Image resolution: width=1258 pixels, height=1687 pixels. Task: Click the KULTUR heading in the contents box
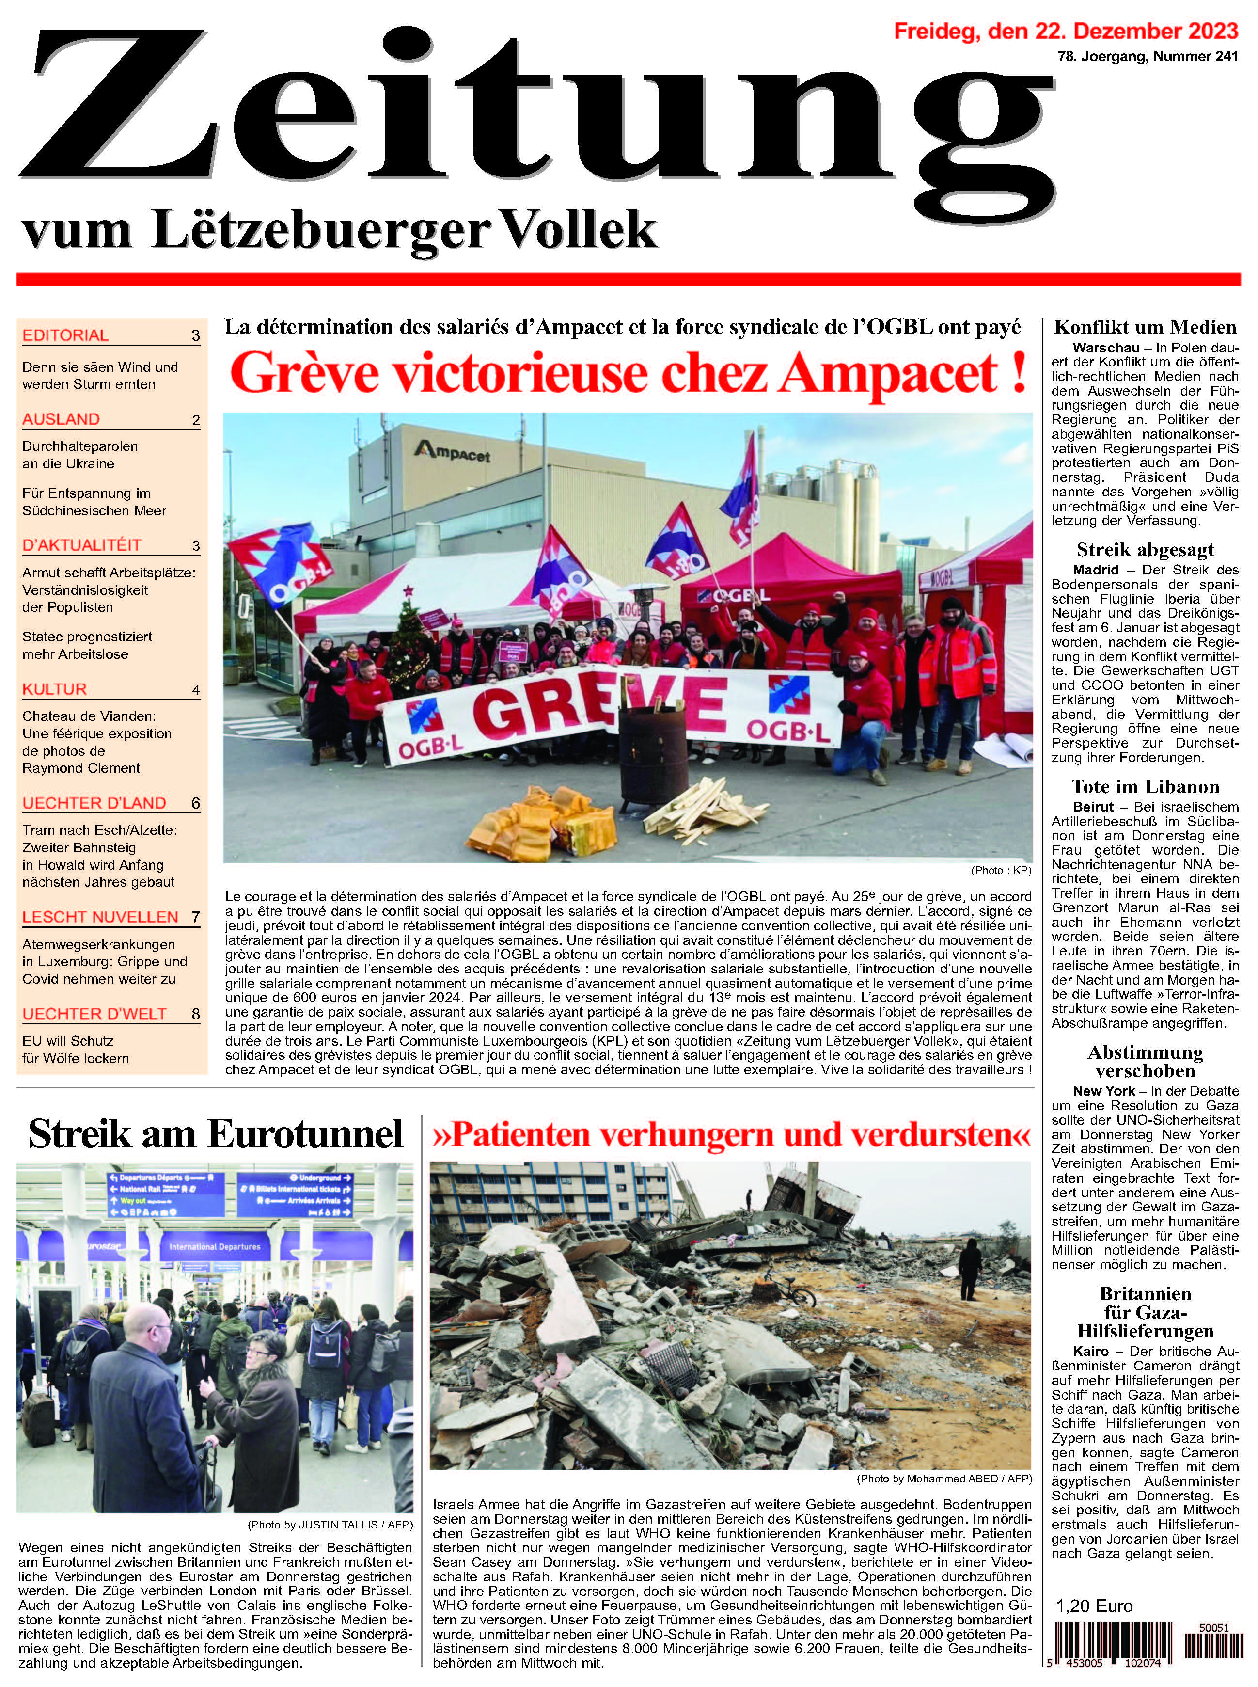[x=54, y=689]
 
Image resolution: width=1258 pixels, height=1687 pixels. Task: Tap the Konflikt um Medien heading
[x=1145, y=328]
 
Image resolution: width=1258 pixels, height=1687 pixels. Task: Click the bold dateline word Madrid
[x=1096, y=570]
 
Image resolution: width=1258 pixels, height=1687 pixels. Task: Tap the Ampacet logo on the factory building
[x=452, y=455]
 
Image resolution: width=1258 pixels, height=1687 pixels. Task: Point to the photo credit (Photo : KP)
[x=1001, y=870]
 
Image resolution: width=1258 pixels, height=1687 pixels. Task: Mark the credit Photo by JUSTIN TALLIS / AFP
[x=330, y=1525]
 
